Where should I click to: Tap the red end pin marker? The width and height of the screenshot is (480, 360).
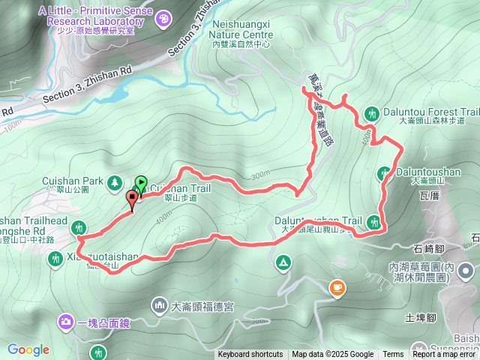click(x=133, y=199)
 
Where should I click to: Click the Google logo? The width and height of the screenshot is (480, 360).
click(x=28, y=349)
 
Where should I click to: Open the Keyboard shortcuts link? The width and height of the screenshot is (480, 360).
click(x=250, y=355)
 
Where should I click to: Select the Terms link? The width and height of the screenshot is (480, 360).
click(x=393, y=355)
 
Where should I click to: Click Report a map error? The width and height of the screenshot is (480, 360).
click(x=445, y=355)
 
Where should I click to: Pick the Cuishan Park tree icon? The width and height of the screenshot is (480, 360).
click(x=113, y=181)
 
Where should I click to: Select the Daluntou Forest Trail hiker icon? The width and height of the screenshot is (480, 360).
click(x=371, y=113)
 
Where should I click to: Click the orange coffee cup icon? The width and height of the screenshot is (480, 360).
click(x=337, y=286)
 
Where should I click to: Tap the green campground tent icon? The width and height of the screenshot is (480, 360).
click(x=283, y=262)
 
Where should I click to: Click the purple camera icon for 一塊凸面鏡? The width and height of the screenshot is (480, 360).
click(x=66, y=322)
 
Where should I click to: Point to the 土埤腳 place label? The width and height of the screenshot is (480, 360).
click(x=421, y=317)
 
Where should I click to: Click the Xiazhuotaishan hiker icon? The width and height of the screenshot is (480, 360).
click(x=55, y=259)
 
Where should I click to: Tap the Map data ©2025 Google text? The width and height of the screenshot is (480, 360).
click(x=332, y=355)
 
